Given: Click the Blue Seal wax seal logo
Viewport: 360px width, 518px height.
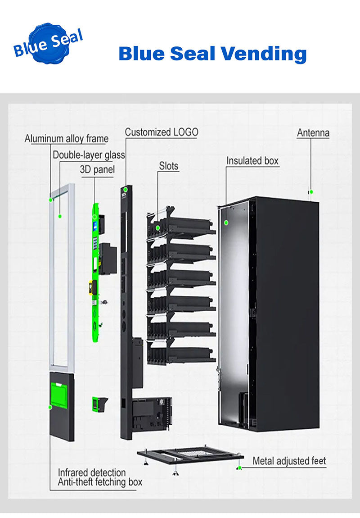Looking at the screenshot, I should [x=48, y=44].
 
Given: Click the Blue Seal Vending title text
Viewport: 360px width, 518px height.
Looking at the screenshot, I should [x=212, y=54].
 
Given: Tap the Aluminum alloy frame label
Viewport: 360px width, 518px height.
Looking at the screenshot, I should [x=67, y=138].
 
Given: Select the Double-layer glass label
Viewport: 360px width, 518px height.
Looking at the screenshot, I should [x=89, y=155].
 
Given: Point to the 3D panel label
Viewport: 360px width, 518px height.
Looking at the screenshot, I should [x=97, y=170].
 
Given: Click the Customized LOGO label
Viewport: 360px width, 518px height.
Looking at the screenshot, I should [x=161, y=132].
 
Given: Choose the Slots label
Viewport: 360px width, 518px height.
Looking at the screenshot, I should [x=169, y=166].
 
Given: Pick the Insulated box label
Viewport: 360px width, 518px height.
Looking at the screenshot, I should [x=252, y=161].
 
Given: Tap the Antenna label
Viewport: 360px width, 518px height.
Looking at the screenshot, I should [x=313, y=133].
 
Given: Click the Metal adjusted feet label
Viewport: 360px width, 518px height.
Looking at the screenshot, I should [x=289, y=461].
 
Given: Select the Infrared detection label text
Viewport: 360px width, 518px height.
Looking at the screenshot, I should [x=92, y=473].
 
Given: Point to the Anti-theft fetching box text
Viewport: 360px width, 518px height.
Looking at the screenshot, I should [x=100, y=482].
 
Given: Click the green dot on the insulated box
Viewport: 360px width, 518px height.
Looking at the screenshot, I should [x=227, y=222].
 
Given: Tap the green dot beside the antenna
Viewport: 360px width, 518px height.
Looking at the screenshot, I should [x=311, y=192].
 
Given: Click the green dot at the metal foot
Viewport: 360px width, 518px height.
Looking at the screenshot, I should [x=240, y=468].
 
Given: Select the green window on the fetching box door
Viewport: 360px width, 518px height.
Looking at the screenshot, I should [x=59, y=395].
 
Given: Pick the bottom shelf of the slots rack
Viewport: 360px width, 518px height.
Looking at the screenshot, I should [x=182, y=354].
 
